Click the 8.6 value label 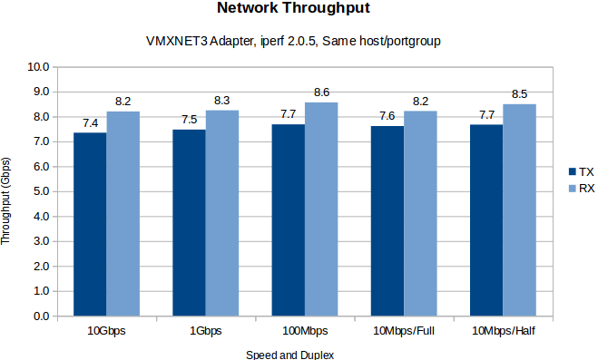(x=321, y=92)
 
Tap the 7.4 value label (x=90, y=122)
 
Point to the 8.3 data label (x=222, y=100)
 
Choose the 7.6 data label (x=387, y=115)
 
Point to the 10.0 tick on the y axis (x=37, y=67)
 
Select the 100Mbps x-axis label (x=305, y=331)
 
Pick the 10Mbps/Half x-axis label (x=504, y=331)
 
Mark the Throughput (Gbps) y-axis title (x=8, y=192)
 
